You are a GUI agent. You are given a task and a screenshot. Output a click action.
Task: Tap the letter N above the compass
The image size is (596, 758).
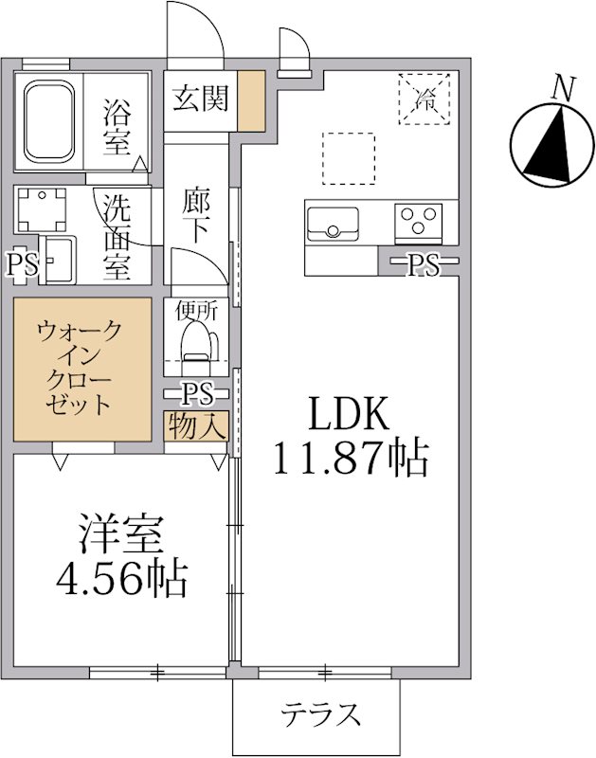click(x=563, y=89)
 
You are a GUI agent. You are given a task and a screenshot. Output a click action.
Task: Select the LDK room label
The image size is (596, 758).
click(x=347, y=414)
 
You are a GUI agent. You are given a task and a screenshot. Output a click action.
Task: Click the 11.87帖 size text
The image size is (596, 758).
click(x=351, y=459)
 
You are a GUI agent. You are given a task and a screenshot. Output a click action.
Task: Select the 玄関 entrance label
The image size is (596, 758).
click(x=200, y=98)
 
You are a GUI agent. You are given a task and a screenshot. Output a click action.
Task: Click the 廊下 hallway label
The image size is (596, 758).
click(x=197, y=217)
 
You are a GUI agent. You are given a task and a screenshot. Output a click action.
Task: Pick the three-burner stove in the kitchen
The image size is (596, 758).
click(x=420, y=222)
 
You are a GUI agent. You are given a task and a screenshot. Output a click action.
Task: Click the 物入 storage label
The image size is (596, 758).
click(x=196, y=426)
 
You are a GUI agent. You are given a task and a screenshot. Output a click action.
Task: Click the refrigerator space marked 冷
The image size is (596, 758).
click(x=425, y=97)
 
